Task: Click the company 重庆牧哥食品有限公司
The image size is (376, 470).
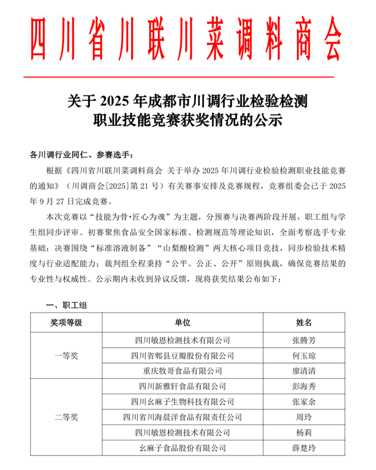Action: point(183,371)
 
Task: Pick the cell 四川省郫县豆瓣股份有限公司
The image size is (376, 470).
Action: point(183,355)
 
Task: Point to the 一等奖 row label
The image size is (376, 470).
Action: point(66,355)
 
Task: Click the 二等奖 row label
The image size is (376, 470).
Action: point(66,417)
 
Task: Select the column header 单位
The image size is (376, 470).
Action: point(183,324)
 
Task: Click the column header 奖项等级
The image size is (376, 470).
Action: point(66,324)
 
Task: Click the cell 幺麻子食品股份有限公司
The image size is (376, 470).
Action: point(183,448)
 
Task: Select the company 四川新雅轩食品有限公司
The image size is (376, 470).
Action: point(183,386)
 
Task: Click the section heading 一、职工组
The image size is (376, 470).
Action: point(66,305)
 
